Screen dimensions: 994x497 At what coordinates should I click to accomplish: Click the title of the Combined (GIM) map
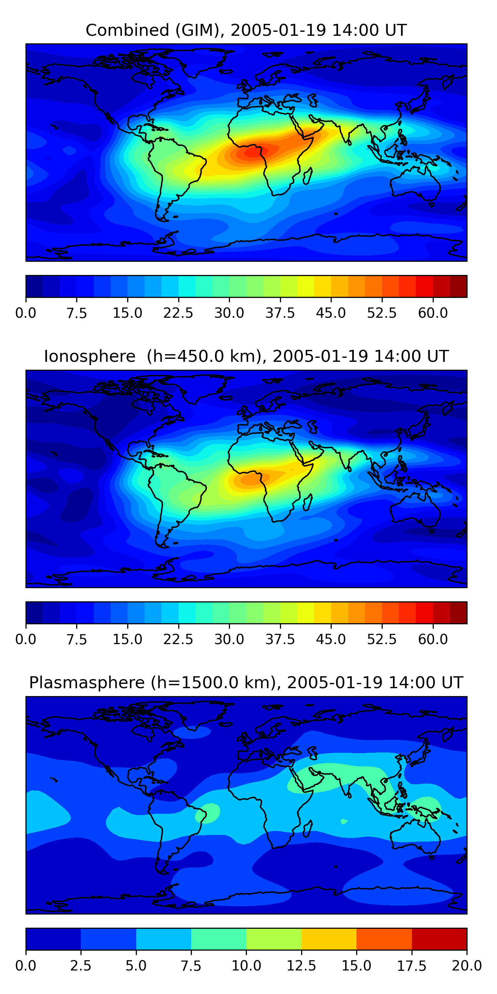point(246,30)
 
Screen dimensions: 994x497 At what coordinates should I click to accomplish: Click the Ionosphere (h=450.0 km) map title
point(246,356)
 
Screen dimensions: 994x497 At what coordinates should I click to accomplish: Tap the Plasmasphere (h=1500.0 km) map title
point(246,682)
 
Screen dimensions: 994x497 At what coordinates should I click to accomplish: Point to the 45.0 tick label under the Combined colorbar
point(331,313)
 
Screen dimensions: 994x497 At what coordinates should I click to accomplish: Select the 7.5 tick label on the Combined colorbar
point(77,313)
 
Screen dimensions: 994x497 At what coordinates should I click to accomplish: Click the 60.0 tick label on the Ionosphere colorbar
point(433,639)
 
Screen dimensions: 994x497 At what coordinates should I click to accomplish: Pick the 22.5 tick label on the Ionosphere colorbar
point(178,639)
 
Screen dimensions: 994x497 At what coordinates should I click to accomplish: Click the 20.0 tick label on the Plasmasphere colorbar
point(467,966)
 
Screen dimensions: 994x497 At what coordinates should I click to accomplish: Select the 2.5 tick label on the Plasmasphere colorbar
point(81,966)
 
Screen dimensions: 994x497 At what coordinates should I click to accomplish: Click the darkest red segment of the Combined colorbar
point(459,286)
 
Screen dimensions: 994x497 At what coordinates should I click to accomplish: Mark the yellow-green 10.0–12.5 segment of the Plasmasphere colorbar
point(274,939)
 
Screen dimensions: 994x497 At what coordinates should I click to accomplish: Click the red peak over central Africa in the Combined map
point(253,153)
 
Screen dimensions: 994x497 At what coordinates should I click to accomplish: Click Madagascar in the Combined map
point(308,176)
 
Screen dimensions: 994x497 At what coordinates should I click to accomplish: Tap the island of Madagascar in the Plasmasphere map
point(308,829)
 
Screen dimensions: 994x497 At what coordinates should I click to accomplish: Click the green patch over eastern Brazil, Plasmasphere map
point(207,813)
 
